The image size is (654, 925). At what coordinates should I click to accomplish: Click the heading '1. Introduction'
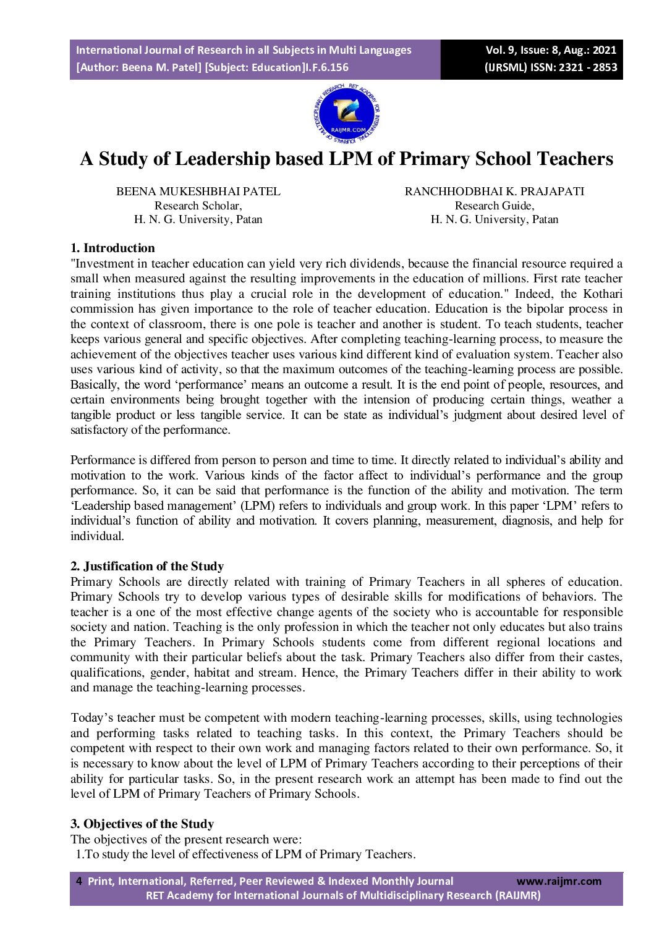coord(113,248)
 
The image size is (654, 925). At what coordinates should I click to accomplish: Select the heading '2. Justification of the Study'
coord(147,566)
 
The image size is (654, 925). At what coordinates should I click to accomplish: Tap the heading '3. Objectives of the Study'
coord(142,824)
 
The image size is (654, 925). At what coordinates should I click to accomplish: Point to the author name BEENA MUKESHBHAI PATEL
coord(198,192)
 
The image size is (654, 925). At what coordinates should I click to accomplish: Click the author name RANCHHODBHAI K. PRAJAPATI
coord(494,192)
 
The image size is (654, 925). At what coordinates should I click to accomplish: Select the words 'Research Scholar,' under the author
coord(198,206)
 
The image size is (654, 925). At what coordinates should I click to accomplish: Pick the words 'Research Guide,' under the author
coord(494,206)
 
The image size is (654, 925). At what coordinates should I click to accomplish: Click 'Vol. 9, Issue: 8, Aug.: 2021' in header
coord(551,51)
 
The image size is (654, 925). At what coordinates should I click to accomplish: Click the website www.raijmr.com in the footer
coord(558,881)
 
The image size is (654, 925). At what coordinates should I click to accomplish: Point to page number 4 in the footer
coord(79,881)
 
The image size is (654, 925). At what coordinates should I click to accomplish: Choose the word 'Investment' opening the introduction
coord(100,264)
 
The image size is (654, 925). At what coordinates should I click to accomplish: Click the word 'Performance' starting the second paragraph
coord(100,460)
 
